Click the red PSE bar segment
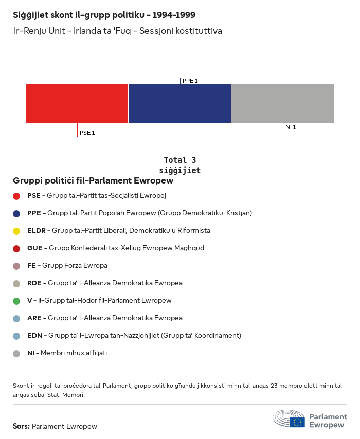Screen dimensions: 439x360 (x=77, y=104)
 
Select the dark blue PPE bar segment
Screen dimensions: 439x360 (x=179, y=104)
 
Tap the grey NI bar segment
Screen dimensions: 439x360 (x=283, y=104)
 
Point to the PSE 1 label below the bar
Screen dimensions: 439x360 (x=87, y=133)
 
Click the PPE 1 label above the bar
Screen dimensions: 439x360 (x=190, y=81)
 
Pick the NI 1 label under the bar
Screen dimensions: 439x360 (x=291, y=127)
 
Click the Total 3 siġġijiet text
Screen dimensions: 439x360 (x=179, y=165)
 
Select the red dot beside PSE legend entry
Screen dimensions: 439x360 (x=16, y=196)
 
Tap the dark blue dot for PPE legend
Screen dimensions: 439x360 (x=16, y=213)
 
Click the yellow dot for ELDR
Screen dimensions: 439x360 (x=16, y=231)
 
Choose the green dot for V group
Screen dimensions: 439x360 (x=16, y=301)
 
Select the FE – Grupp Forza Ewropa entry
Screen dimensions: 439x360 (x=67, y=266)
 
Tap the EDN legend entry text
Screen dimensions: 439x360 (x=134, y=336)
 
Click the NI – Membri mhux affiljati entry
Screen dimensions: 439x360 (x=67, y=353)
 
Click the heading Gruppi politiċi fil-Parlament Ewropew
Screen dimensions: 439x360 (x=93, y=181)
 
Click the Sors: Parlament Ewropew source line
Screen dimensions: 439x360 (x=55, y=426)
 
